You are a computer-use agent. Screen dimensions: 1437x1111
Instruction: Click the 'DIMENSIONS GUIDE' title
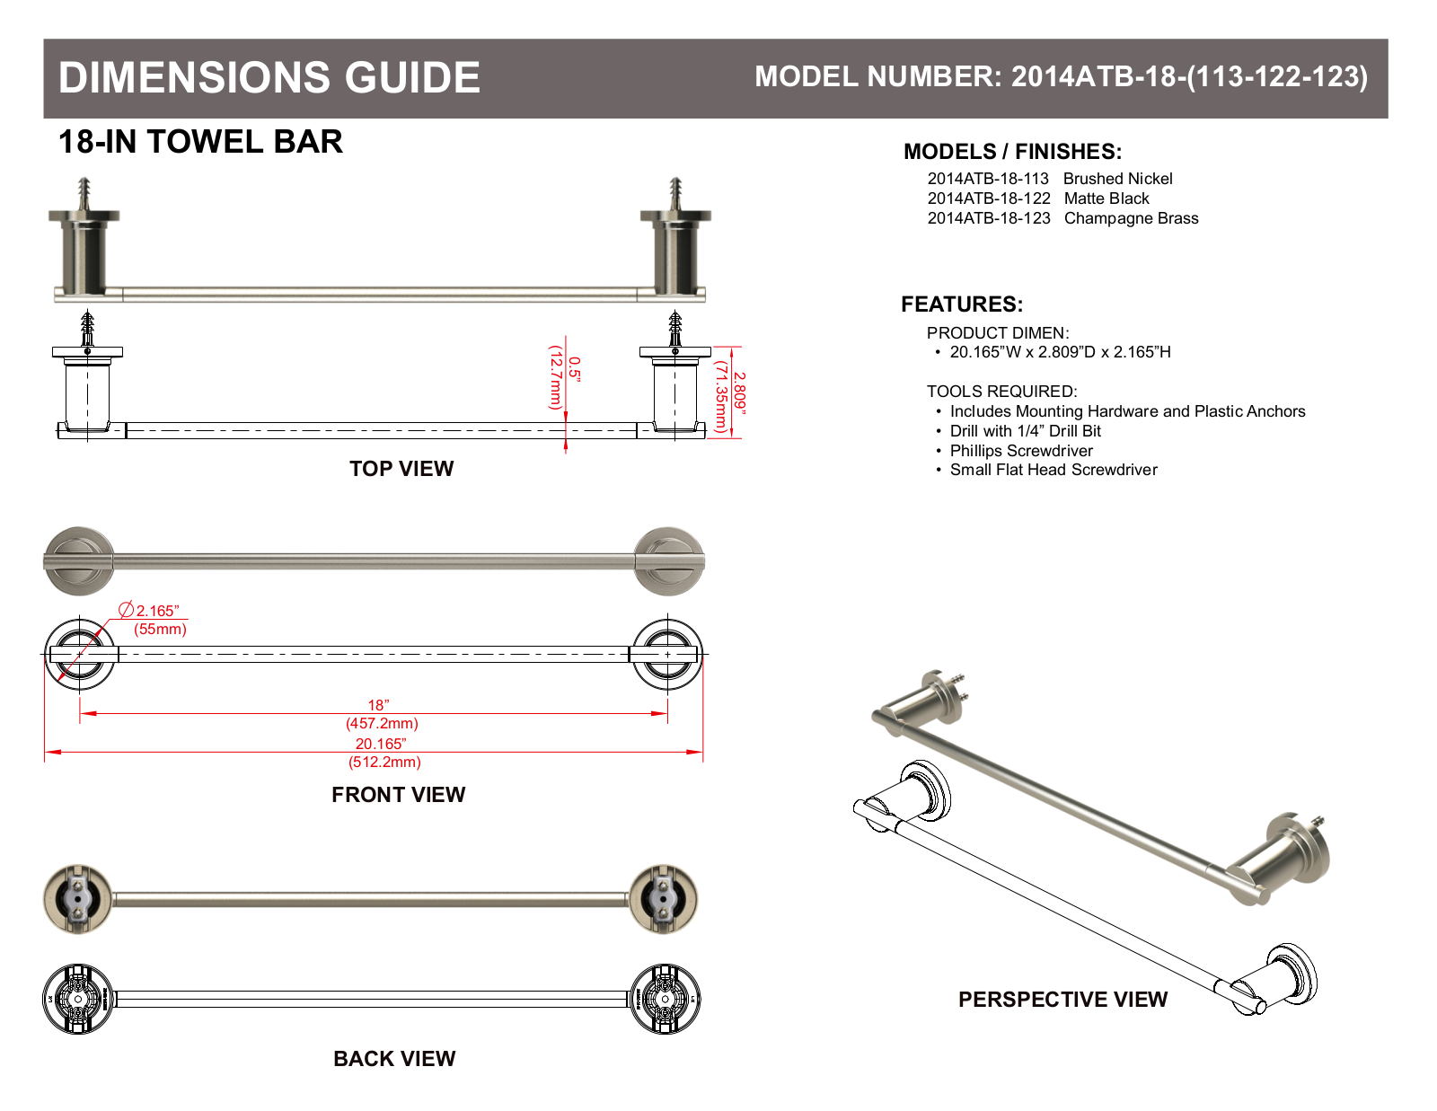tap(269, 77)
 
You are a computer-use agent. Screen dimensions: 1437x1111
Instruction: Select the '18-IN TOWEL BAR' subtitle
tap(200, 142)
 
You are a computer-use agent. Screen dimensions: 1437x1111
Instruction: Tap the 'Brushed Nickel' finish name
tap(1117, 179)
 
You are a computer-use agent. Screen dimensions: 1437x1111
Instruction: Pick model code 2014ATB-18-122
tap(989, 198)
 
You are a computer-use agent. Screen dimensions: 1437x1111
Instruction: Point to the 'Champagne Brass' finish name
tap(1131, 218)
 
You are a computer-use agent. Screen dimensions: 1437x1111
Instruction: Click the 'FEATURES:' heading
tap(962, 304)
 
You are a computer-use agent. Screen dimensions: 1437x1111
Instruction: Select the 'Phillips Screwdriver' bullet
tap(1021, 451)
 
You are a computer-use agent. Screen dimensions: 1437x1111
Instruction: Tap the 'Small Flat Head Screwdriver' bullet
tap(1054, 471)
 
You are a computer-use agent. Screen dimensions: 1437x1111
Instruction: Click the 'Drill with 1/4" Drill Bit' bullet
tap(1025, 431)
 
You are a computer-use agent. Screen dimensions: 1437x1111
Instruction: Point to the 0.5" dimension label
tap(575, 370)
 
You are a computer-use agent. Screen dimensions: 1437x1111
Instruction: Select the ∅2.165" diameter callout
tap(149, 610)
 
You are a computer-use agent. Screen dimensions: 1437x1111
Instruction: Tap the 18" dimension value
tap(379, 706)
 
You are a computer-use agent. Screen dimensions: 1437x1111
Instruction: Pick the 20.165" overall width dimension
tap(381, 745)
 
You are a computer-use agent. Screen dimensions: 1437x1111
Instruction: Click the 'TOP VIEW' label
tap(401, 469)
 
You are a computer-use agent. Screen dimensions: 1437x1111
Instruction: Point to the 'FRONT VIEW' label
tap(398, 795)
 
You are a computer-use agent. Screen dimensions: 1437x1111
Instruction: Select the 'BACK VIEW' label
tap(394, 1059)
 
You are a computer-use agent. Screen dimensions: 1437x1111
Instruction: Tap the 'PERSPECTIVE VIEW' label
tap(1062, 1000)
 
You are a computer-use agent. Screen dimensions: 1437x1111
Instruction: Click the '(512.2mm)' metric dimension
tap(384, 762)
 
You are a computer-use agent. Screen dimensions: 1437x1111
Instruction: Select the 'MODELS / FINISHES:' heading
tap(1012, 152)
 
